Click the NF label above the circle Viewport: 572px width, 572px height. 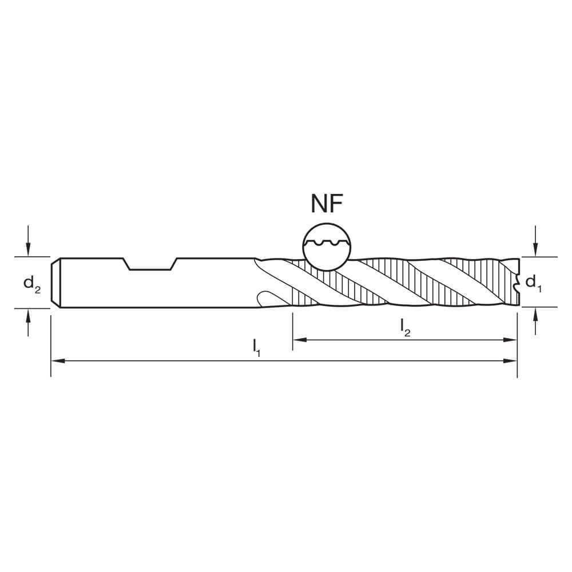(328, 204)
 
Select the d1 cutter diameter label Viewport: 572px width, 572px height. (533, 282)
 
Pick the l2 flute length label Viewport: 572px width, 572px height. (405, 327)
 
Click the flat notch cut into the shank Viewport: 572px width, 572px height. (150, 264)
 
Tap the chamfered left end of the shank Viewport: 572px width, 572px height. (55, 283)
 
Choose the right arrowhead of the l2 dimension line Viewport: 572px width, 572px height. (512, 340)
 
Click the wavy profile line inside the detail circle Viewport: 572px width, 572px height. (325, 244)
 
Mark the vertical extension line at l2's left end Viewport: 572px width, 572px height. (293, 329)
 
